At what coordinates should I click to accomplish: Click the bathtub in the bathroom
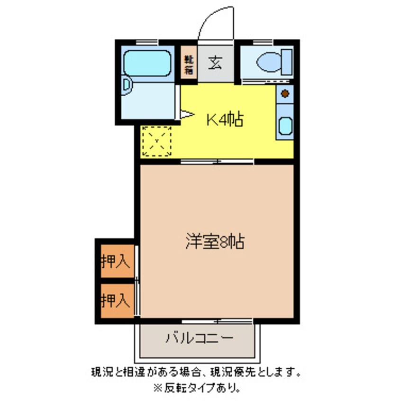(x=147, y=63)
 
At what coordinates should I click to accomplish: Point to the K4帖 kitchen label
(x=224, y=119)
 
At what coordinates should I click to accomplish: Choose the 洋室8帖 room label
(x=215, y=242)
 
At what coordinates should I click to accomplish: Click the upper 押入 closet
(x=115, y=261)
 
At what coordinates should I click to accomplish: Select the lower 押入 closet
(x=115, y=300)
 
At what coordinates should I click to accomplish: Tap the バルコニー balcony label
(x=199, y=338)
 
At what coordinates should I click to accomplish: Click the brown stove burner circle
(x=285, y=93)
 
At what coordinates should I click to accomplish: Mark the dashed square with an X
(x=156, y=141)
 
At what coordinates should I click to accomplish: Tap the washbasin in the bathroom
(x=127, y=85)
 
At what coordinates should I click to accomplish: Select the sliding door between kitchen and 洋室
(x=217, y=162)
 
